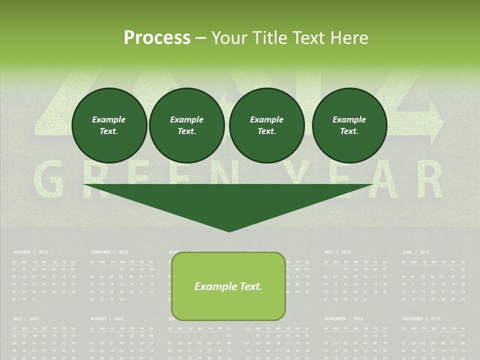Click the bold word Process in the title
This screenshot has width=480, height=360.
(157, 37)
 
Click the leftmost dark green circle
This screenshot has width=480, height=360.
(109, 125)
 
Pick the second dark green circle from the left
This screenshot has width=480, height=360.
(186, 125)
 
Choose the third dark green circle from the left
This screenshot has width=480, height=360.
(266, 125)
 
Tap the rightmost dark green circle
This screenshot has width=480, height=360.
(349, 125)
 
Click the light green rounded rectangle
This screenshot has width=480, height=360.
(228, 286)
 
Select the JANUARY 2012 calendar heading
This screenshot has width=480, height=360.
(30, 252)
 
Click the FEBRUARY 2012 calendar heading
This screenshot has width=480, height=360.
(109, 252)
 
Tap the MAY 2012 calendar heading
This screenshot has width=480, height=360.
(337, 252)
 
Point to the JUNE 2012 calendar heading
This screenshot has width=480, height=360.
(415, 252)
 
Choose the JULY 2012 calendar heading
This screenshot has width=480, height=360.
(26, 318)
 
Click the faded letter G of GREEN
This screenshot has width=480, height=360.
(48, 179)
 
